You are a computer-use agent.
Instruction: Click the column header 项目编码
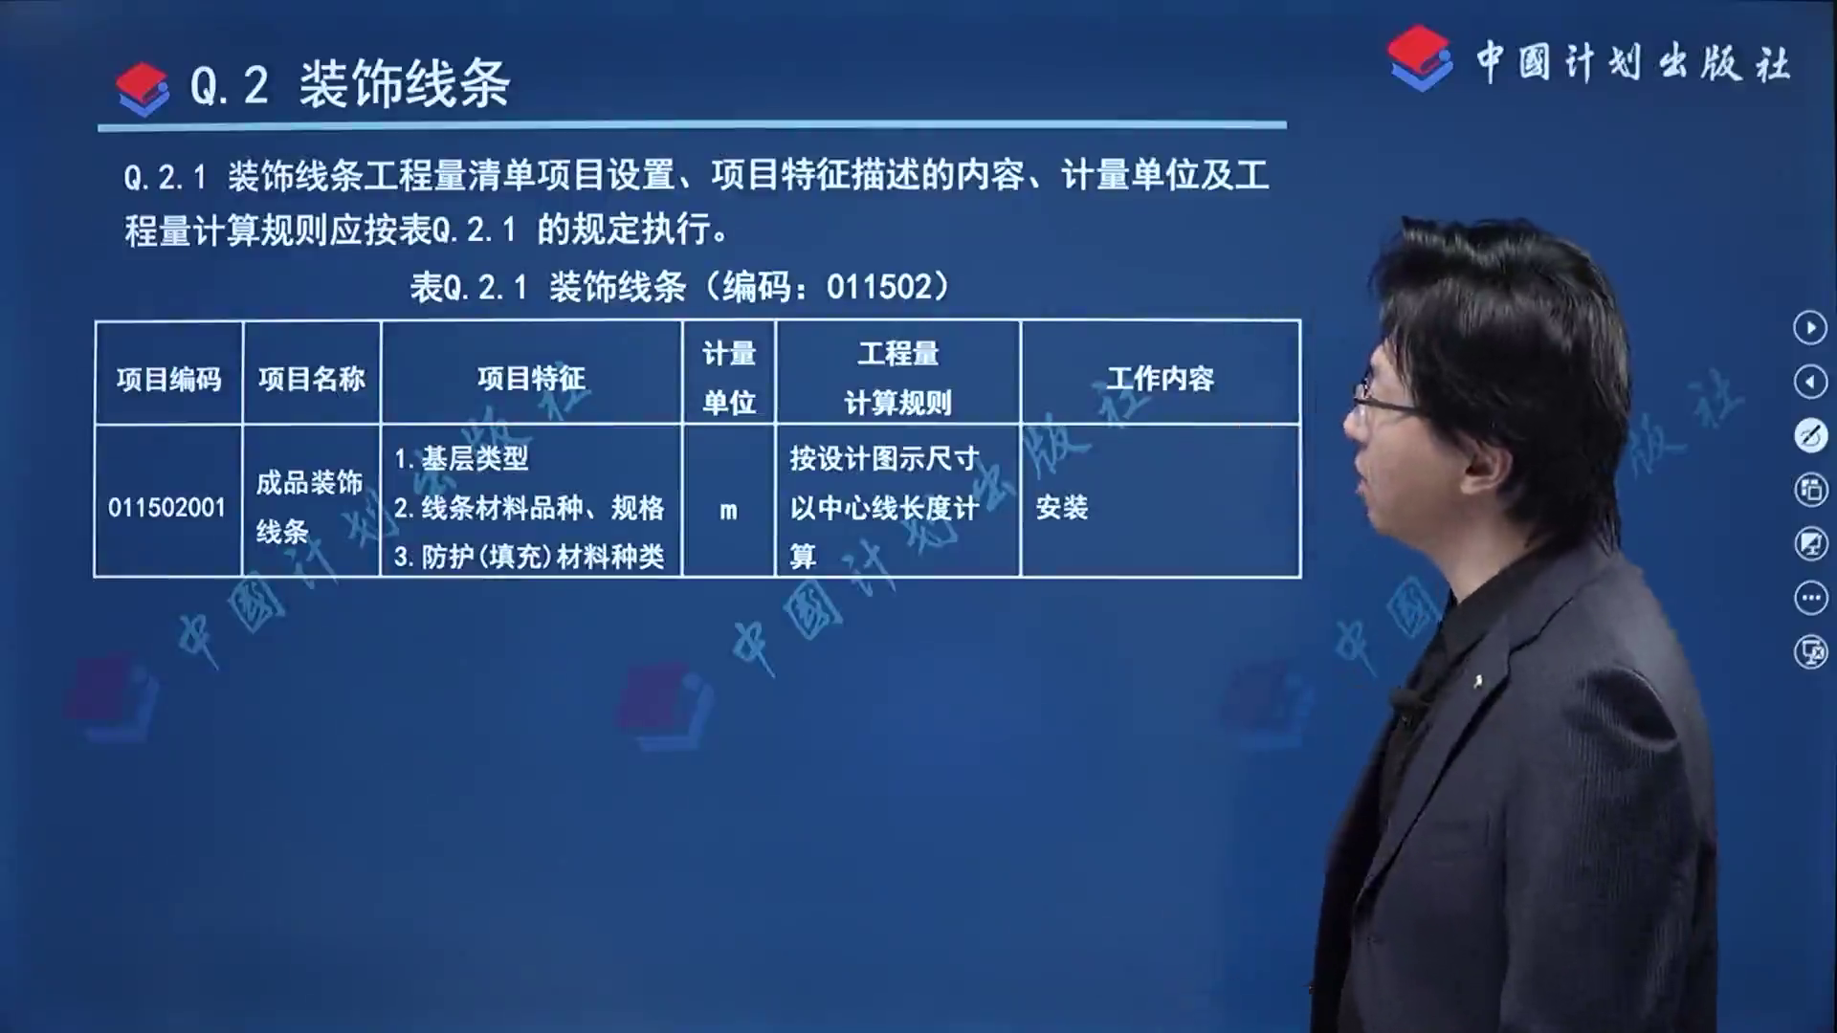(168, 379)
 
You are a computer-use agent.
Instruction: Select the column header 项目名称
(312, 379)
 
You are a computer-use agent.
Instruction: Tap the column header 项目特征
(531, 379)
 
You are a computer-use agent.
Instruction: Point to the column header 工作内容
(1161, 379)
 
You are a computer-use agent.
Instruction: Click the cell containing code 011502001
(166, 507)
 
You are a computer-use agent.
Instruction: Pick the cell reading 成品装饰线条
(309, 507)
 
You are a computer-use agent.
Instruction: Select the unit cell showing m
(729, 511)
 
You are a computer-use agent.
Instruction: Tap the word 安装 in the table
(1062, 507)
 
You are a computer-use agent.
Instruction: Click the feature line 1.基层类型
(461, 458)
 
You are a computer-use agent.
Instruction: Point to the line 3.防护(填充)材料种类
(529, 557)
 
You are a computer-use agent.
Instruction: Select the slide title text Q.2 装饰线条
(350, 84)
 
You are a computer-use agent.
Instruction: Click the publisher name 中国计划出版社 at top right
(1632, 63)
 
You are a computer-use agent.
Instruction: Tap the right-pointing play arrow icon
(1810, 328)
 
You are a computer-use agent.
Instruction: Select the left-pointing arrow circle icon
(1810, 383)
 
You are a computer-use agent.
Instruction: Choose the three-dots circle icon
(1810, 599)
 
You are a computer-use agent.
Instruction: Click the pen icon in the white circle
(1810, 436)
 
